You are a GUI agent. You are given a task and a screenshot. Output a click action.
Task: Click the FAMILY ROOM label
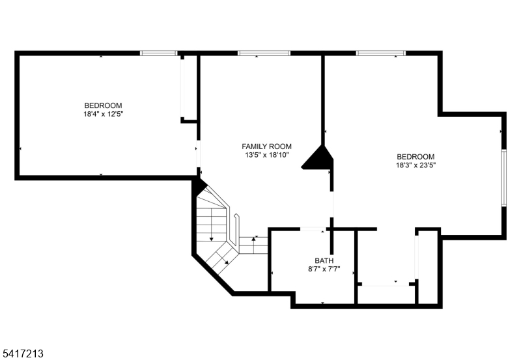click(266, 146)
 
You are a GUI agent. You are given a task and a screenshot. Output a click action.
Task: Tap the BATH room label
click(324, 260)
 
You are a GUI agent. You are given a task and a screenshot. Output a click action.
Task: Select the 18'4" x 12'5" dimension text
click(103, 114)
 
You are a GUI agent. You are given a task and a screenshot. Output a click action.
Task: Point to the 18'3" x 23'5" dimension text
click(415, 165)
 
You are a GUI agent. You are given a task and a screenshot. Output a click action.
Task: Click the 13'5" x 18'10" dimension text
click(267, 155)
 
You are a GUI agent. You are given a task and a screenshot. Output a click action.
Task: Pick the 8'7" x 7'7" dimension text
click(324, 269)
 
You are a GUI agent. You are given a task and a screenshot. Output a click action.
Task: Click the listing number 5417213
click(22, 353)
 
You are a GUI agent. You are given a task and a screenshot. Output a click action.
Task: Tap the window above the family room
click(264, 53)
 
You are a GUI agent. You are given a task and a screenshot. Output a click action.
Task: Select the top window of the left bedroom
click(158, 53)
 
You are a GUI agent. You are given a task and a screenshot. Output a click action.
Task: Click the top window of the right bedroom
click(381, 53)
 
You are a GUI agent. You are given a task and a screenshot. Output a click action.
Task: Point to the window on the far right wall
click(503, 178)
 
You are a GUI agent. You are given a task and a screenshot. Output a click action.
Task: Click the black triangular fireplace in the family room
click(317, 158)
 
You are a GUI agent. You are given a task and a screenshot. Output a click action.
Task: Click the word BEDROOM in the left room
click(103, 105)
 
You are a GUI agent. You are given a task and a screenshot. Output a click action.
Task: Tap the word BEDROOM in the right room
click(415, 157)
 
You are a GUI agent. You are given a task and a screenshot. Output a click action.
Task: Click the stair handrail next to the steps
click(236, 230)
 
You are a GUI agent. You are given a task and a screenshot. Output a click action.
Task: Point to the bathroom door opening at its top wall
click(313, 229)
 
